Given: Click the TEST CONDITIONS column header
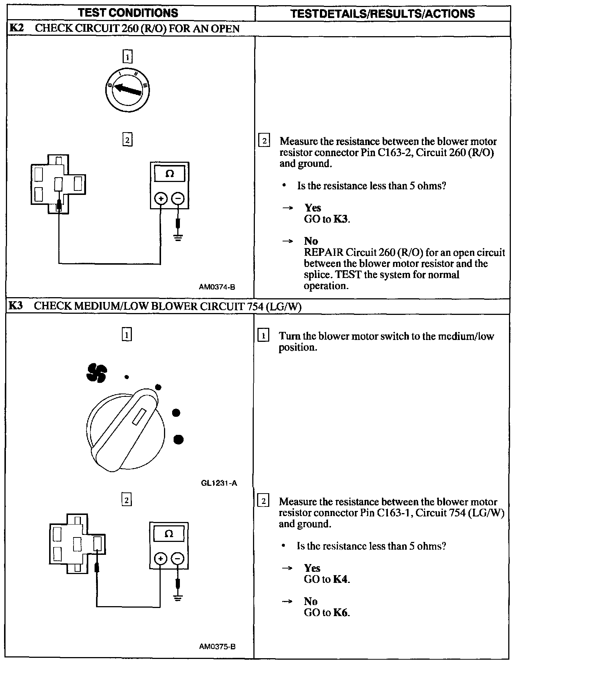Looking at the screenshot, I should click(128, 13).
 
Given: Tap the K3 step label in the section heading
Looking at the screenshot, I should click(16, 306).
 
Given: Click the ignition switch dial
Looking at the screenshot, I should click(127, 90).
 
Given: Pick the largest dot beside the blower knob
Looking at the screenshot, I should click(178, 439).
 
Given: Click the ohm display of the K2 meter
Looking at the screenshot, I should click(170, 174).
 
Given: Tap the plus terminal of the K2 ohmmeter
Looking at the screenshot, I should click(161, 199).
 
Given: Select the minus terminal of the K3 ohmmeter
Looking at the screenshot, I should click(178, 559).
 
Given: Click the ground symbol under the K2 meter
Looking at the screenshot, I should click(178, 237).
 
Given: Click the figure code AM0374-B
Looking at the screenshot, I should click(217, 287).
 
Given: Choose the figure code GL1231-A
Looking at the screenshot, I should click(219, 483).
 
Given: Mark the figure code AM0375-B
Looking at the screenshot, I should click(217, 646).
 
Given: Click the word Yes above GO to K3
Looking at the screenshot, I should click(312, 208).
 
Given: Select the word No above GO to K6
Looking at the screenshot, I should click(311, 601).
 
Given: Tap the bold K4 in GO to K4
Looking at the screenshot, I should click(341, 579).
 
